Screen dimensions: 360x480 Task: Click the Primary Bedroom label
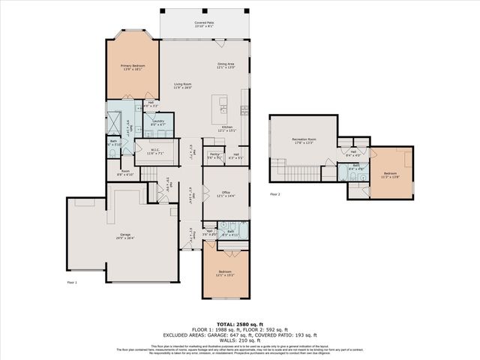point(133,67)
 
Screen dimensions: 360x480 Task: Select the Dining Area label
point(226,65)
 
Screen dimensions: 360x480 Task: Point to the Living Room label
point(184,85)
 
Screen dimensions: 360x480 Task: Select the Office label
point(225,193)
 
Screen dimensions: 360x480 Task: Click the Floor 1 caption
point(72,283)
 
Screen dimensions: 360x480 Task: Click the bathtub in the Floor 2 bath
point(365,169)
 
